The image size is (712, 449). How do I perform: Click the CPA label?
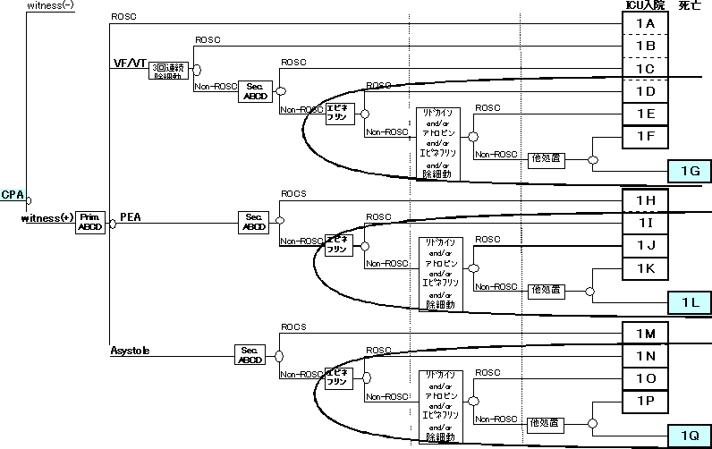click(x=12, y=194)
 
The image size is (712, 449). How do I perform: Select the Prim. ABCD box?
click(x=91, y=221)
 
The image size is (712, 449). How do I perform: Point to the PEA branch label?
click(x=130, y=217)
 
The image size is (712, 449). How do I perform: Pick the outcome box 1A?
click(x=645, y=24)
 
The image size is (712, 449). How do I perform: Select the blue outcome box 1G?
click(x=690, y=169)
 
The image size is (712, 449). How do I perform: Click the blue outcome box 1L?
click(x=690, y=302)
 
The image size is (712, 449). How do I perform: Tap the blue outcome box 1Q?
click(x=690, y=436)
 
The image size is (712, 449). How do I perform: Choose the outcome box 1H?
click(x=645, y=200)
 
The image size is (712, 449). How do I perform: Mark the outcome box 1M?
click(x=645, y=334)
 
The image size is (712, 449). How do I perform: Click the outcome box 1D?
click(x=645, y=91)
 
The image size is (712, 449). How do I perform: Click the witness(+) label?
click(x=47, y=217)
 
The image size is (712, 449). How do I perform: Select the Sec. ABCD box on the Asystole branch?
click(x=250, y=354)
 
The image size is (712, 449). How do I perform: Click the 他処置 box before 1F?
click(x=545, y=157)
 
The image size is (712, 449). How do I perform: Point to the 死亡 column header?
click(x=689, y=6)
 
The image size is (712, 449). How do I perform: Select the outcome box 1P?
click(x=645, y=401)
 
